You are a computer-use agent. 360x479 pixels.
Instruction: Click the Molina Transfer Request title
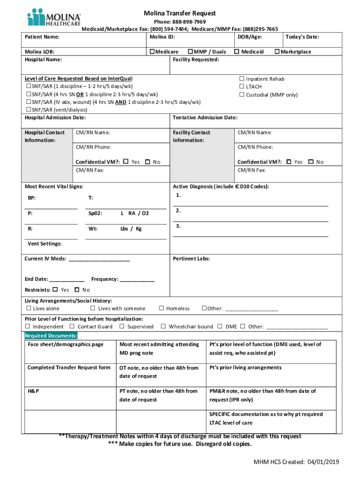tap(180, 14)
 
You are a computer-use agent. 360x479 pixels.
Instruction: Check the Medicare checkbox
tap(152, 51)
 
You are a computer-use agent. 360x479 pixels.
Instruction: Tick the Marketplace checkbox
tap(277, 51)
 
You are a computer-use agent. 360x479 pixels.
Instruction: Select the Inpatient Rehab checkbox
tap(242, 79)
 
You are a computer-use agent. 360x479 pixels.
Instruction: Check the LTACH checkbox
tap(242, 87)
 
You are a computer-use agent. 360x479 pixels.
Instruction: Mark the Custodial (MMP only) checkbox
tap(242, 94)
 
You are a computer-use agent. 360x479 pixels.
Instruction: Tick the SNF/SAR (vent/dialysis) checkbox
tap(28, 109)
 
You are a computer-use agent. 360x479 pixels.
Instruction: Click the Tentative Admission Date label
tap(205, 117)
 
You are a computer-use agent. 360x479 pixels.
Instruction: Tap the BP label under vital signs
tap(31, 198)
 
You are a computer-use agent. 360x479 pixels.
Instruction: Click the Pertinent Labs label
tap(191, 258)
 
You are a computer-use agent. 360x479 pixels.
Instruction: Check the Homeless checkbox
tap(161, 308)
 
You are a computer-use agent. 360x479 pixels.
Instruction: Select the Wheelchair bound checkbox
tap(164, 327)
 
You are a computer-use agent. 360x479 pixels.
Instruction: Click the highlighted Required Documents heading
tap(51, 336)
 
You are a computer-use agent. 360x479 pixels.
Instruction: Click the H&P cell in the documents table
tap(33, 391)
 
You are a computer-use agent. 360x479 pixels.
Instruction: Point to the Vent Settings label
tap(44, 244)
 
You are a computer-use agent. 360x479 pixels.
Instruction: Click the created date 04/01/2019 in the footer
tap(323, 462)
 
